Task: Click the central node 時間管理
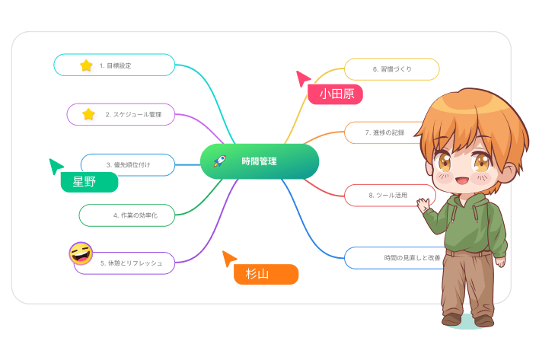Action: point(259,161)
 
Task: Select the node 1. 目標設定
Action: point(115,65)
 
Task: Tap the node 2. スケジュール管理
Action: point(122,114)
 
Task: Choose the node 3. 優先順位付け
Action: point(128,164)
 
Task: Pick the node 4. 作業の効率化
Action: point(128,215)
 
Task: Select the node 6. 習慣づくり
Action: point(392,69)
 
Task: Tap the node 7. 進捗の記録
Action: point(381,132)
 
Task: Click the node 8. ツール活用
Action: point(388,196)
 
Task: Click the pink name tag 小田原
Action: point(336,94)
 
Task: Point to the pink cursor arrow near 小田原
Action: point(303,78)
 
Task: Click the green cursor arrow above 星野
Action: point(56,166)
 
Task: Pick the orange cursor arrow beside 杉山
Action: point(229,259)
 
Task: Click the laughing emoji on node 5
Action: point(81,253)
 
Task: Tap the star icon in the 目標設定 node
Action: point(86,65)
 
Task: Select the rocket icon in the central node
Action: point(220,161)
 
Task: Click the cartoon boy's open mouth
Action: point(462,181)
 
